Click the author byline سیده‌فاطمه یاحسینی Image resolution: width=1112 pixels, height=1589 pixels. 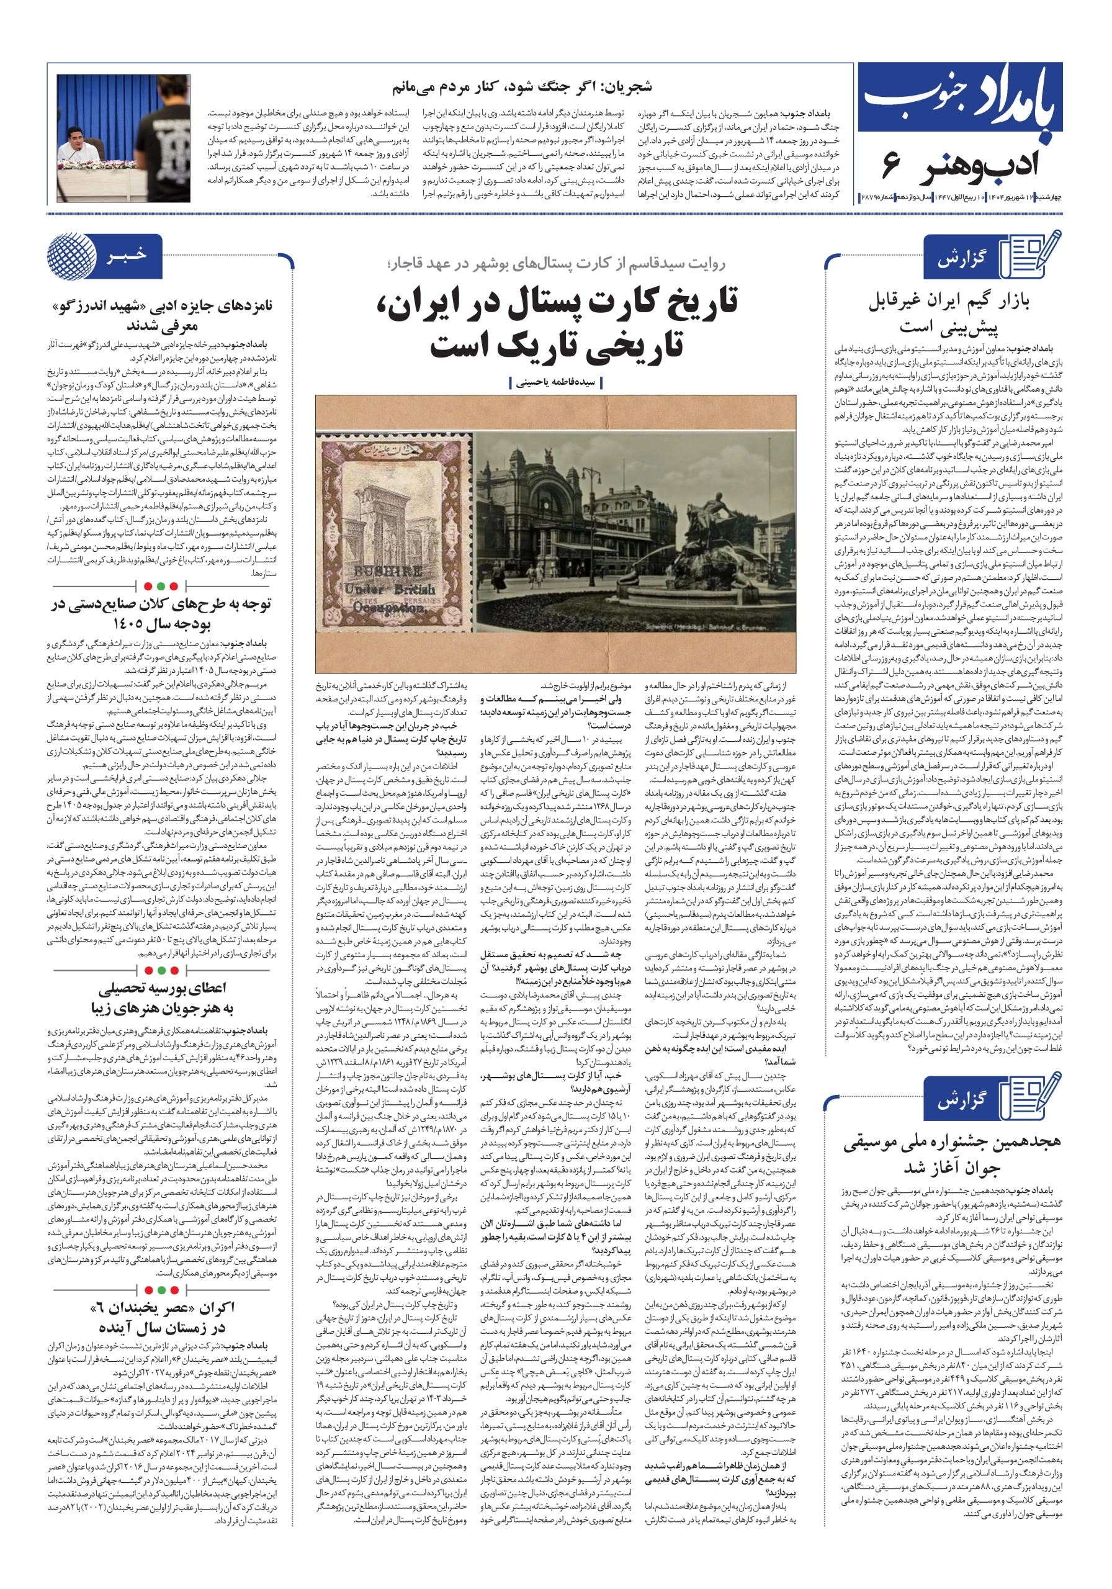[557, 381]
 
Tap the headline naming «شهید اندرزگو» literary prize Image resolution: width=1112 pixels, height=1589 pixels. [163, 315]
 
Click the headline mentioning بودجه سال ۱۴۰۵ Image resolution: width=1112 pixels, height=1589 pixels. [163, 613]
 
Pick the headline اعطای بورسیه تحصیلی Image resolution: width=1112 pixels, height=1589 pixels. [163, 997]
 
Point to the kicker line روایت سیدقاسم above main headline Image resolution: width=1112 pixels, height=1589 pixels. [557, 263]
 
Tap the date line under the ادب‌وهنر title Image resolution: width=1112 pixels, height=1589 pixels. [961, 198]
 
